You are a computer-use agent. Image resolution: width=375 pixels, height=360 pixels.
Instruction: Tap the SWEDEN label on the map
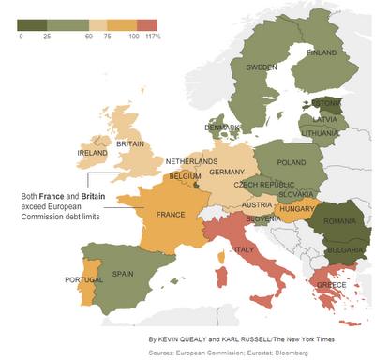click(x=262, y=67)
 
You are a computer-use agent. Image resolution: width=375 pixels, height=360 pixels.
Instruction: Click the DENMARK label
click(x=222, y=127)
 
